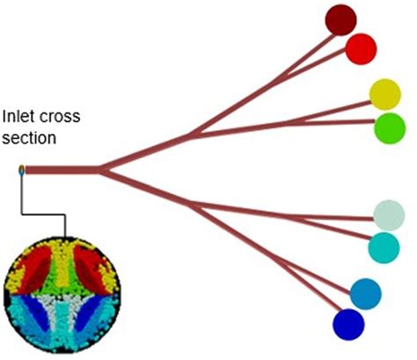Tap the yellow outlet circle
pyautogui.click(x=384, y=93)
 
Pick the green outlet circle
pyautogui.click(x=389, y=129)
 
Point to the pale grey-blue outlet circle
pyautogui.click(x=388, y=215)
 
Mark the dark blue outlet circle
pyautogui.click(x=348, y=323)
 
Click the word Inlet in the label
pyautogui.click(x=18, y=115)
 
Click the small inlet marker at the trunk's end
pyautogui.click(x=22, y=170)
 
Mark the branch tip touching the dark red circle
pyautogui.click(x=327, y=28)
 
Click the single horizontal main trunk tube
pyautogui.click(x=62, y=169)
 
